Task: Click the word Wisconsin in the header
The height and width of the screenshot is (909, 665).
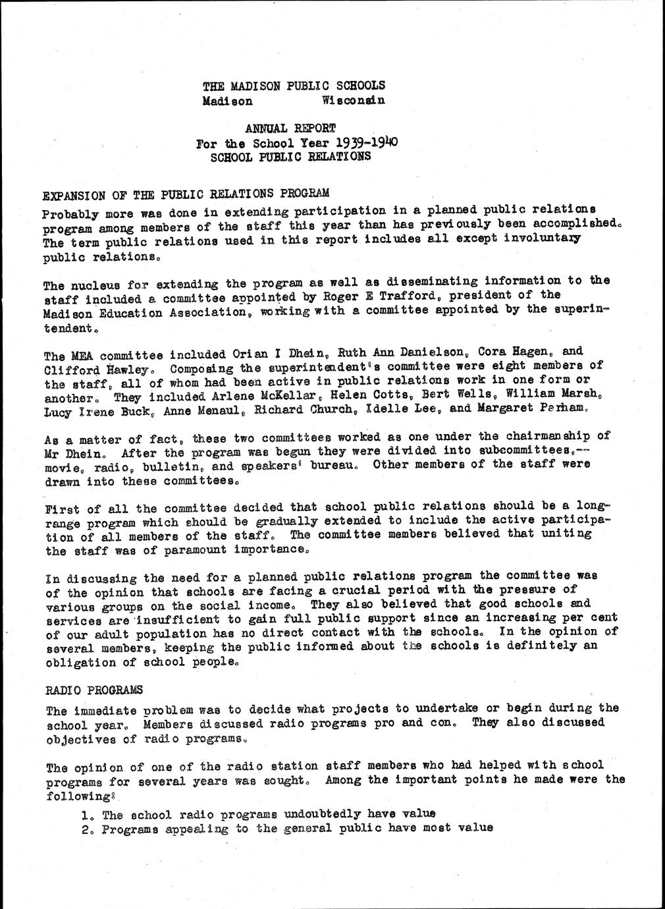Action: point(353,100)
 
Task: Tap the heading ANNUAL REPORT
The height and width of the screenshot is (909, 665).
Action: point(290,128)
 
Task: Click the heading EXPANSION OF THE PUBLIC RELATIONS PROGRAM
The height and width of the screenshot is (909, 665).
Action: point(185,195)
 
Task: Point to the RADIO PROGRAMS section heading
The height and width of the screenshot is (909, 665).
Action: point(94,690)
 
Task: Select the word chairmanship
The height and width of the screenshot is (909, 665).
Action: point(531,437)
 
